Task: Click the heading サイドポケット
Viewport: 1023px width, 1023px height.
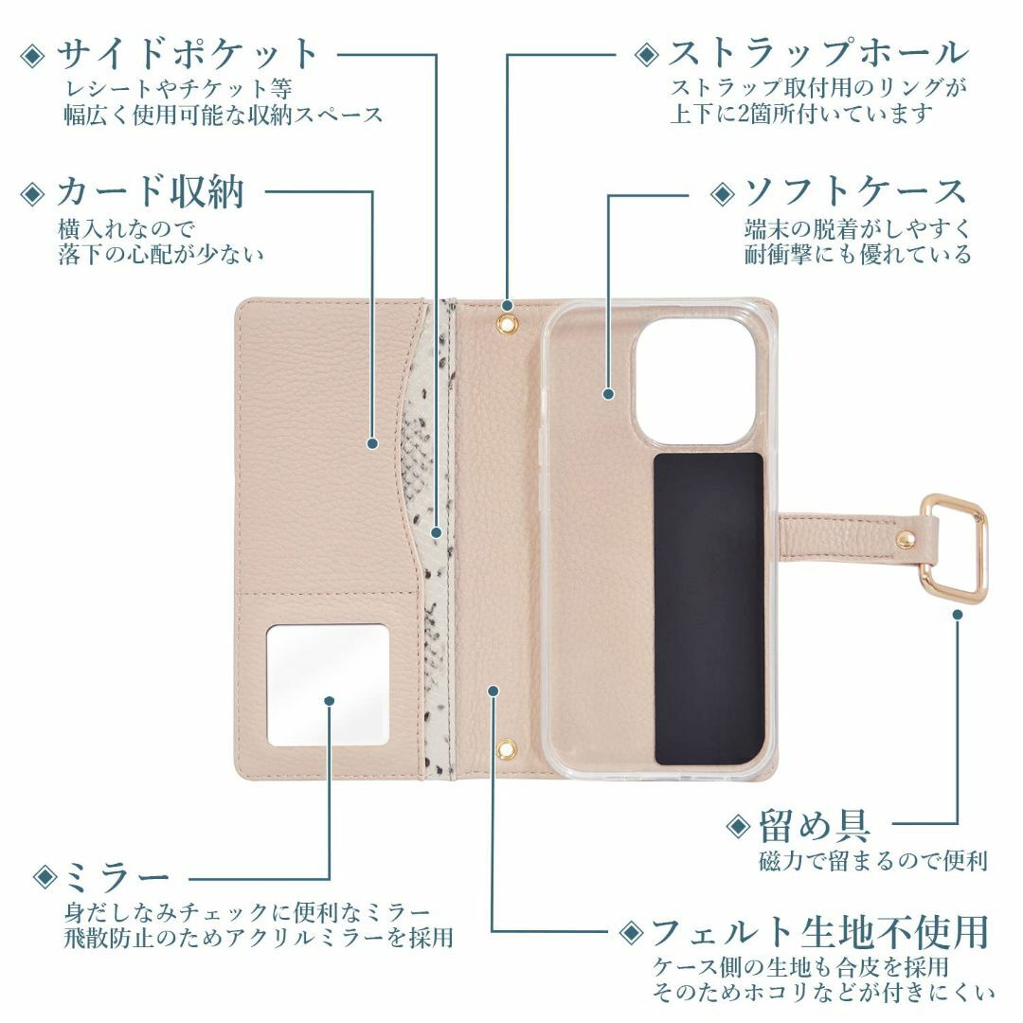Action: coord(187,54)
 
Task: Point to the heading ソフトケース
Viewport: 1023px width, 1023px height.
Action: coord(855,192)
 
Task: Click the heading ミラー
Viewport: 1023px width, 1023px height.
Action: coord(117,877)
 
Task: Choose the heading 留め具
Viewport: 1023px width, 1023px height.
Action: coord(815,826)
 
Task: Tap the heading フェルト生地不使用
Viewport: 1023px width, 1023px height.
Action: coord(820,932)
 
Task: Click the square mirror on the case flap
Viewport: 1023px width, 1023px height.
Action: coord(328,685)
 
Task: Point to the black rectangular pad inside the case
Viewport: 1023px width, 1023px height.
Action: coord(709,609)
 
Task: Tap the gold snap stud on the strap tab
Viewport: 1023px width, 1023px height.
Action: coord(905,540)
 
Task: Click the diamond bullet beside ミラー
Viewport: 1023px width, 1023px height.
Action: coord(45,877)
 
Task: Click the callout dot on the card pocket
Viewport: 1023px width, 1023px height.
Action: coord(372,443)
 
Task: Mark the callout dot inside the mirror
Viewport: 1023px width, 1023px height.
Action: coord(330,701)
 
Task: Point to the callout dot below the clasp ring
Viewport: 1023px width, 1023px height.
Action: coord(957,615)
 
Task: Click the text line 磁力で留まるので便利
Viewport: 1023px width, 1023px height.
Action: coord(873,861)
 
